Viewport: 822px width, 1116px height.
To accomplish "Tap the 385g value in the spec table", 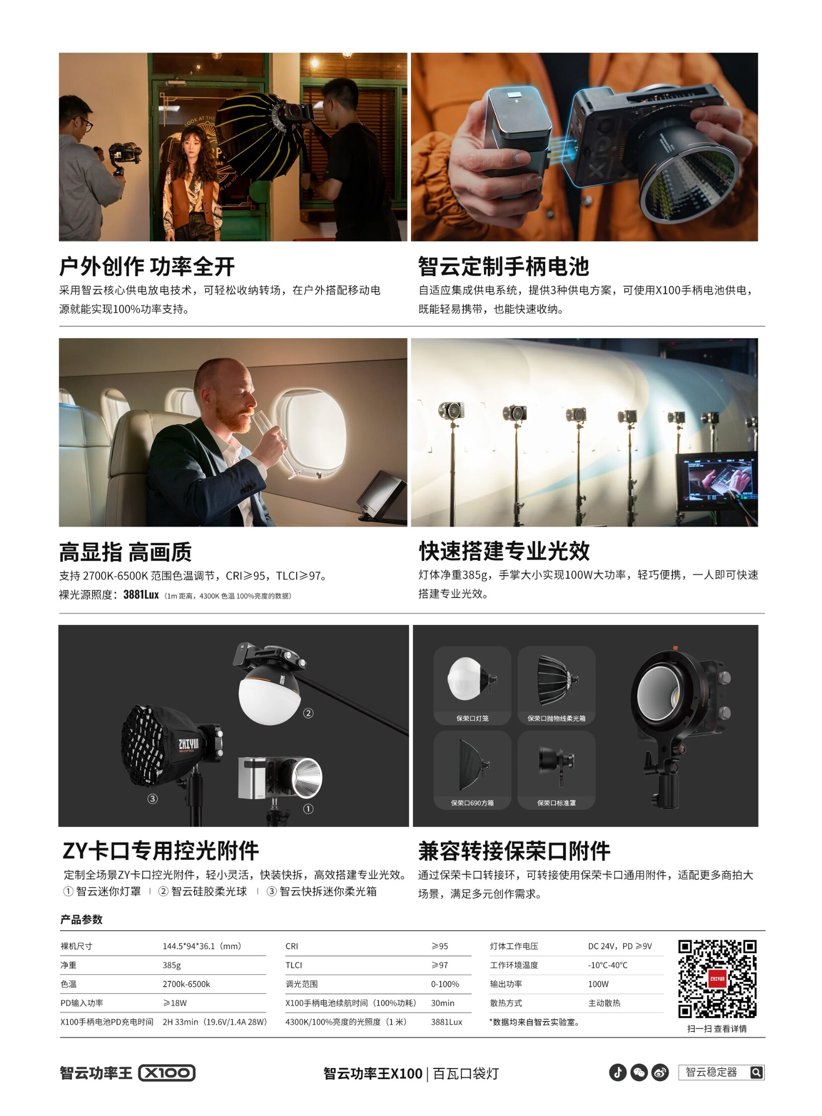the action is [171, 965].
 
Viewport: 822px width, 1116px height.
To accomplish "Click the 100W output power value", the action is [598, 984].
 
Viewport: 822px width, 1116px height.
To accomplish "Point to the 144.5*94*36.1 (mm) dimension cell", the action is [202, 946].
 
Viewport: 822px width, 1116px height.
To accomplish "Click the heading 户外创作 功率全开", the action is [147, 267].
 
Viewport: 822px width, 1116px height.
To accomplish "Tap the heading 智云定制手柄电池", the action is [503, 267].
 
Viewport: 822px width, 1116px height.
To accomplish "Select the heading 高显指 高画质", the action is [125, 552].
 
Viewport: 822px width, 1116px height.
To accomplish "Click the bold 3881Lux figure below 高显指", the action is [141, 595].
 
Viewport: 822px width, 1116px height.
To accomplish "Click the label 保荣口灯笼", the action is [472, 718].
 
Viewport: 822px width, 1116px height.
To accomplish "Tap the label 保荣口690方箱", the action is [472, 803].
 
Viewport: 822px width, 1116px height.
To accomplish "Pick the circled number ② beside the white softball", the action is [308, 713].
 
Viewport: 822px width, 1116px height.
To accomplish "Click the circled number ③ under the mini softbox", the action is [152, 798].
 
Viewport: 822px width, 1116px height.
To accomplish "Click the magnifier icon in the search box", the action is [756, 1072].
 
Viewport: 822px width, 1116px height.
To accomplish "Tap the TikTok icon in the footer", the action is [618, 1072].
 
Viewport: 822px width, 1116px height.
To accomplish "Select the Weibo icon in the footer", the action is [660, 1072].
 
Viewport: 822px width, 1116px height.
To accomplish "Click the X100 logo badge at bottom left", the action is [166, 1073].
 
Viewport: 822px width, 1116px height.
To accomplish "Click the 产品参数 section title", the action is [81, 919].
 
